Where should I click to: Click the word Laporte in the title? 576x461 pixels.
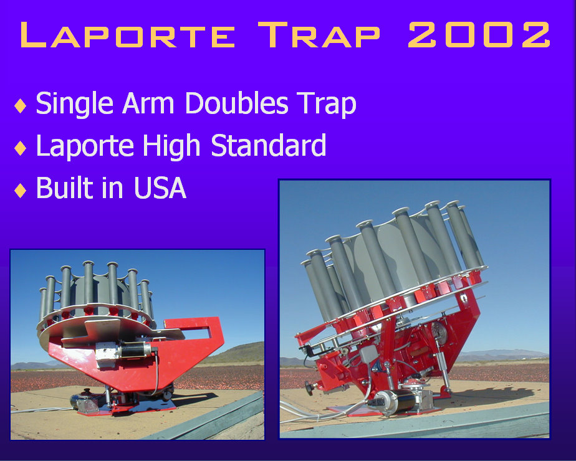click(127, 35)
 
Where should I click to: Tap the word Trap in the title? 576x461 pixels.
click(319, 35)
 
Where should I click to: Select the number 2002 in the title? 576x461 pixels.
click(479, 35)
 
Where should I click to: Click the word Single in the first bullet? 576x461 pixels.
click(75, 104)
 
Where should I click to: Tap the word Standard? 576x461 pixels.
click(269, 145)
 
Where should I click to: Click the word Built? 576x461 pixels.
click(65, 188)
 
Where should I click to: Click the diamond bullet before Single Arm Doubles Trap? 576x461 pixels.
click(20, 106)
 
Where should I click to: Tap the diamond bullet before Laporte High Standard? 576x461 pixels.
click(20, 148)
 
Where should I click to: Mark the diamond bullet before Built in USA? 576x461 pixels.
click(20, 190)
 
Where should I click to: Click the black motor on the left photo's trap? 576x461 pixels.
click(135, 349)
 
